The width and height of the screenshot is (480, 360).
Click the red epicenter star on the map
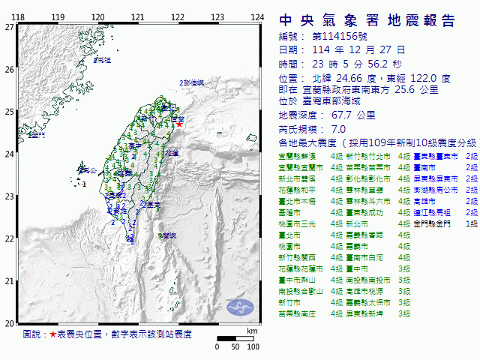tap(179, 124)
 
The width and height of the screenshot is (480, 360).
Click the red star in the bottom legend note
tap(52, 334)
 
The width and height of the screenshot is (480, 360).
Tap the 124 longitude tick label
tap(257, 17)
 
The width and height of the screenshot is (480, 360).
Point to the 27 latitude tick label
tap(9, 27)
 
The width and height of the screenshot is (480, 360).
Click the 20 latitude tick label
tap(9, 323)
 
